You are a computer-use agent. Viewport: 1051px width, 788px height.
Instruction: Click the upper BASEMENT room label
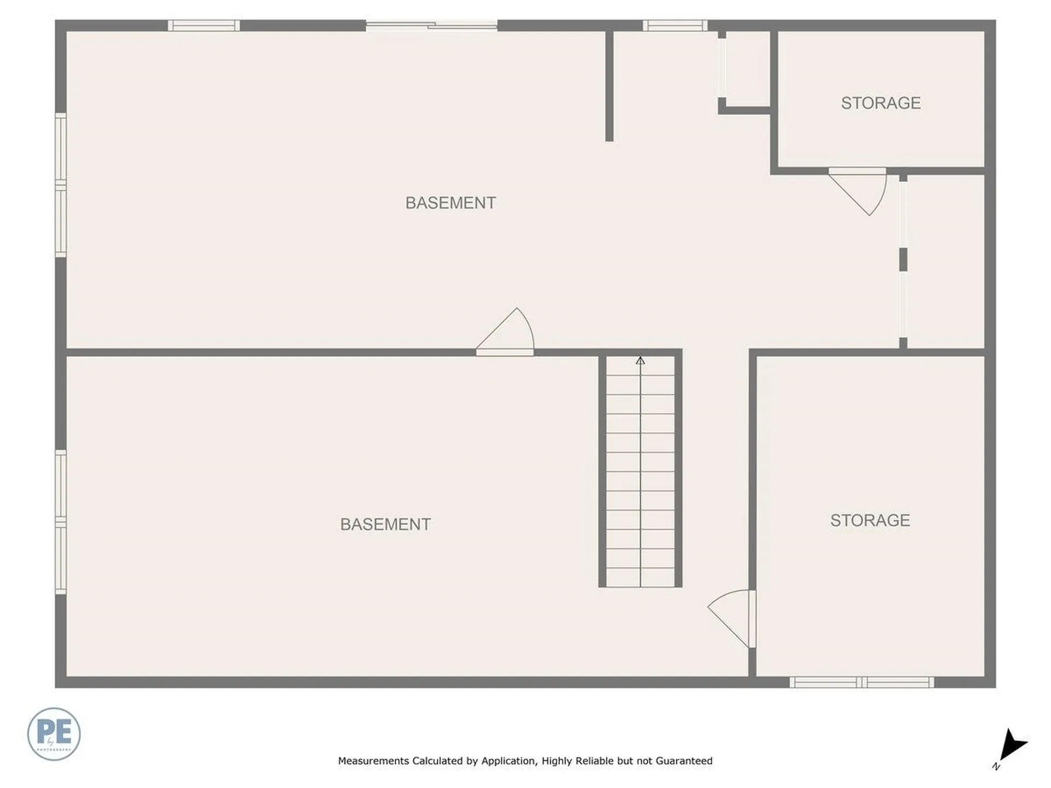point(450,203)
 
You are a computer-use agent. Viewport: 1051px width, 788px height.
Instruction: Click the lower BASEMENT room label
point(385,524)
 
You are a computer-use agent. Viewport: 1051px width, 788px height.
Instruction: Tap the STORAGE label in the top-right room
point(880,103)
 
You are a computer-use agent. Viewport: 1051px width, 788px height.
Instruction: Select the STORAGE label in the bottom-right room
point(870,520)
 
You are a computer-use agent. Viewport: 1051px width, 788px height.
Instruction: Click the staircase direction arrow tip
point(640,360)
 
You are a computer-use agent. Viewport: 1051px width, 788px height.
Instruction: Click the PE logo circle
point(54,734)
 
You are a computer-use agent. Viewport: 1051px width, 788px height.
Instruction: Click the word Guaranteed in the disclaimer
point(684,761)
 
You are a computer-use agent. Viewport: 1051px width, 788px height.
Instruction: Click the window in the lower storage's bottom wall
point(862,682)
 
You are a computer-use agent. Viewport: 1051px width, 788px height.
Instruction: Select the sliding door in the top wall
point(431,25)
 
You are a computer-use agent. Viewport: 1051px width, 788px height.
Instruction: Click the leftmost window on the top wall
point(204,25)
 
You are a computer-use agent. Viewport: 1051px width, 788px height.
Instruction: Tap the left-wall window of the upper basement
point(61,185)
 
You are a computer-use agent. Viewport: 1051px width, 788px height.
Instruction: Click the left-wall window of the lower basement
point(61,522)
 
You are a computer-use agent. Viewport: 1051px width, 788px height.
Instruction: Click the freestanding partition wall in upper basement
point(609,85)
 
